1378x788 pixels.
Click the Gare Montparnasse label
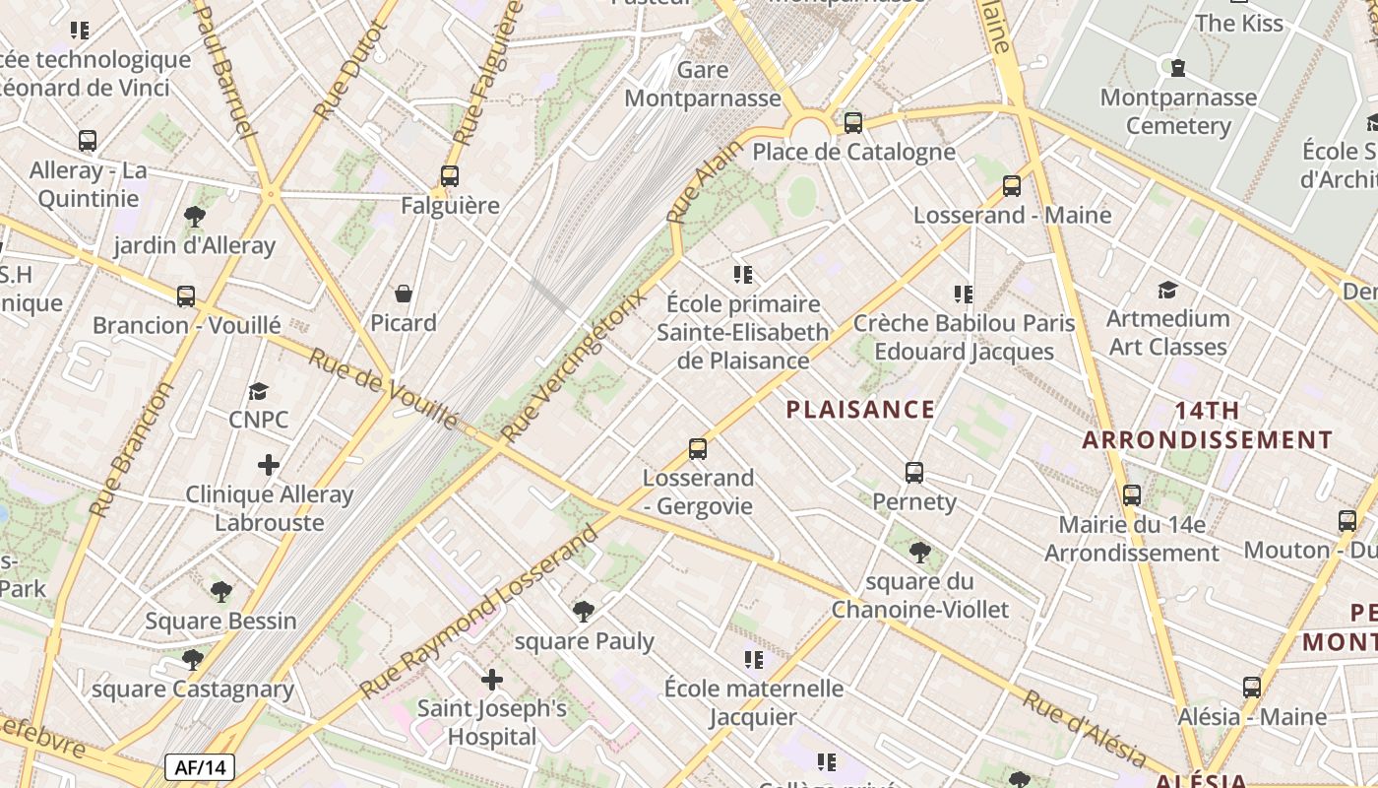[x=702, y=85]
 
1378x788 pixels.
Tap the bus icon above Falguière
[x=450, y=176]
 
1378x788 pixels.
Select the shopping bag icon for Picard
[x=404, y=294]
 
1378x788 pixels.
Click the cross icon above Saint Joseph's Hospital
[x=491, y=680]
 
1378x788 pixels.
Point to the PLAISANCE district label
[x=859, y=410]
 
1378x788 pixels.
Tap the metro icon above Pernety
[x=914, y=473]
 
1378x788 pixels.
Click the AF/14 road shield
[x=200, y=767]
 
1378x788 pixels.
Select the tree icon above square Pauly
[x=584, y=612]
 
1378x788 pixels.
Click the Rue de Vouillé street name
[x=383, y=389]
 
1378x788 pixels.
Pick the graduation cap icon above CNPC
[x=259, y=391]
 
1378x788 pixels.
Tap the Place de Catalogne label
[x=853, y=152]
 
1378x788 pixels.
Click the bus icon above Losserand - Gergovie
[x=698, y=449]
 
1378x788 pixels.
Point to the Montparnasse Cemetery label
[x=1178, y=111]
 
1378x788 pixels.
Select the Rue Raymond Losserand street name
[x=479, y=612]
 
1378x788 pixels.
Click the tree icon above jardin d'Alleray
[x=195, y=217]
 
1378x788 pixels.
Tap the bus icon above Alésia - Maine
[x=1252, y=688]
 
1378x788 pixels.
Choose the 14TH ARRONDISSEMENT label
[x=1207, y=426]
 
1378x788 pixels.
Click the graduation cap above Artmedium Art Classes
[x=1167, y=290]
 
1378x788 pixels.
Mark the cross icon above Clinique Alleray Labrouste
[x=269, y=465]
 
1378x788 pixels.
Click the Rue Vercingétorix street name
[x=576, y=364]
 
